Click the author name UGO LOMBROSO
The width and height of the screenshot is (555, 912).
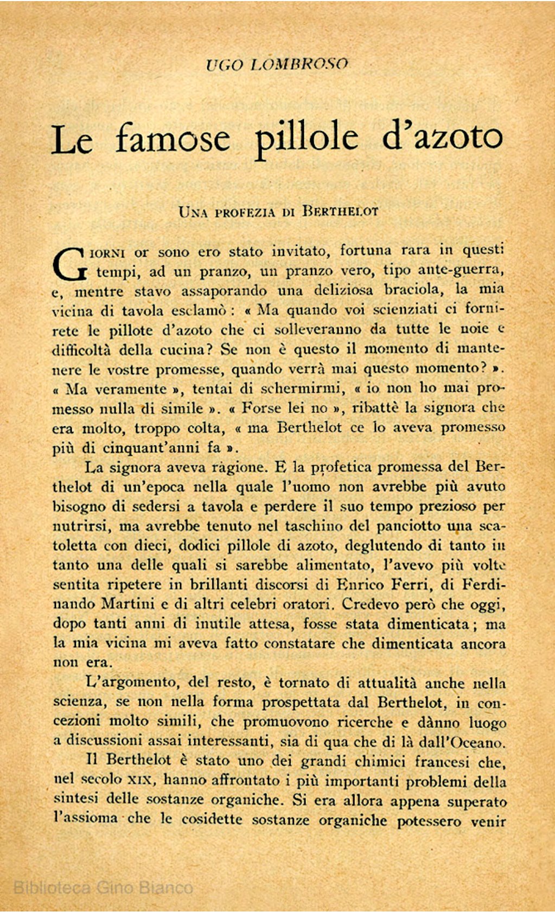277,65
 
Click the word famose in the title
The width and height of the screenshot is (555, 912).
173,138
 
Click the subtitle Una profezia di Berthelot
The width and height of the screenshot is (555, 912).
278,212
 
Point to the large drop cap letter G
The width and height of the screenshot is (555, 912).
69,263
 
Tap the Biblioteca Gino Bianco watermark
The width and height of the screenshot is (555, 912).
103,888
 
